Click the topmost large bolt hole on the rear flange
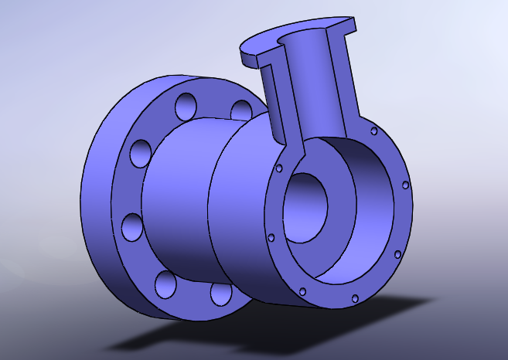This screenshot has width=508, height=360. (x=186, y=105)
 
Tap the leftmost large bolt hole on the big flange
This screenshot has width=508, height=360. (x=131, y=227)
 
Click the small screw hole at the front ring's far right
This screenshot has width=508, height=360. (x=405, y=185)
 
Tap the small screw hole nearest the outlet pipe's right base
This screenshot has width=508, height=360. (x=373, y=131)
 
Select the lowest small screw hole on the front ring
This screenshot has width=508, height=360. (x=354, y=297)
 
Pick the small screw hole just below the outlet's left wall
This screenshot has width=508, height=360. (x=279, y=168)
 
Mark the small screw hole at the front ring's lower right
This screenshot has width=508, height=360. (x=397, y=253)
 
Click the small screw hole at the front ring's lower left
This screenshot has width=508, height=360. (x=271, y=237)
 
